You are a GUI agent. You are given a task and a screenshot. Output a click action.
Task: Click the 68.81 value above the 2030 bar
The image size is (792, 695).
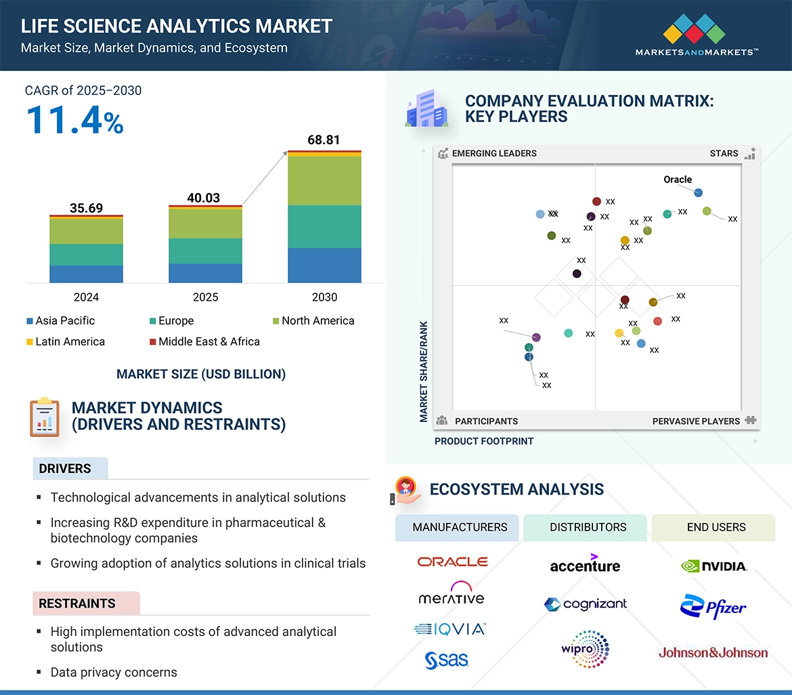[x=324, y=140]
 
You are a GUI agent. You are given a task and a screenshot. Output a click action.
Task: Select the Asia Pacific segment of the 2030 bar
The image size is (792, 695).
[x=324, y=265]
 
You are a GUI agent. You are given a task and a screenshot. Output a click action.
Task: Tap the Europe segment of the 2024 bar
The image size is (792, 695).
[x=86, y=255]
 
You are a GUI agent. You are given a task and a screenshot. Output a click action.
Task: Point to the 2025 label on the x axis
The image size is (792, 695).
[x=205, y=297]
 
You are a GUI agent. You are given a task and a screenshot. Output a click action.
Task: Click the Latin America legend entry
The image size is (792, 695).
[x=66, y=342]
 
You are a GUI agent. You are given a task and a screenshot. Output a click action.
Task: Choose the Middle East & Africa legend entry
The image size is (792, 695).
[x=204, y=342]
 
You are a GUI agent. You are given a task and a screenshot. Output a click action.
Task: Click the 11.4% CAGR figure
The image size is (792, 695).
[x=74, y=121]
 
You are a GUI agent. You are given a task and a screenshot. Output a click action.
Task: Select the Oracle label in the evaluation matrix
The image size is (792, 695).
[x=678, y=180]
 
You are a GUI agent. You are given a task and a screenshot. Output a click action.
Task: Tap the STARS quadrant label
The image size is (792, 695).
[x=724, y=154]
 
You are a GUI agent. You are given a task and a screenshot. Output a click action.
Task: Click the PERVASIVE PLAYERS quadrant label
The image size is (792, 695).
[x=696, y=421]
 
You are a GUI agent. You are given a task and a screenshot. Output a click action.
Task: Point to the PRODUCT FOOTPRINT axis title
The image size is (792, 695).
[x=484, y=442]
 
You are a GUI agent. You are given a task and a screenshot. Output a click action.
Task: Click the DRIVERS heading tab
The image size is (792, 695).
[x=65, y=469]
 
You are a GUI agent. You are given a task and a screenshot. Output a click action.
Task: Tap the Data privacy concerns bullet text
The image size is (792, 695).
[x=114, y=673]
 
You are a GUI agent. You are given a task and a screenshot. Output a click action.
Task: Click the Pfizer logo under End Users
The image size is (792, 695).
[x=713, y=607]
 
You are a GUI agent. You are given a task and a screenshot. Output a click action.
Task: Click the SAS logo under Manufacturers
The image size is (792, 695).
[x=447, y=659]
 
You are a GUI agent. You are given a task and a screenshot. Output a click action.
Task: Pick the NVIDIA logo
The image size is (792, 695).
[x=714, y=566]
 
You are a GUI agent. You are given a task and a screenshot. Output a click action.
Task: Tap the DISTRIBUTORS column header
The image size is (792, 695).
[x=588, y=528]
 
